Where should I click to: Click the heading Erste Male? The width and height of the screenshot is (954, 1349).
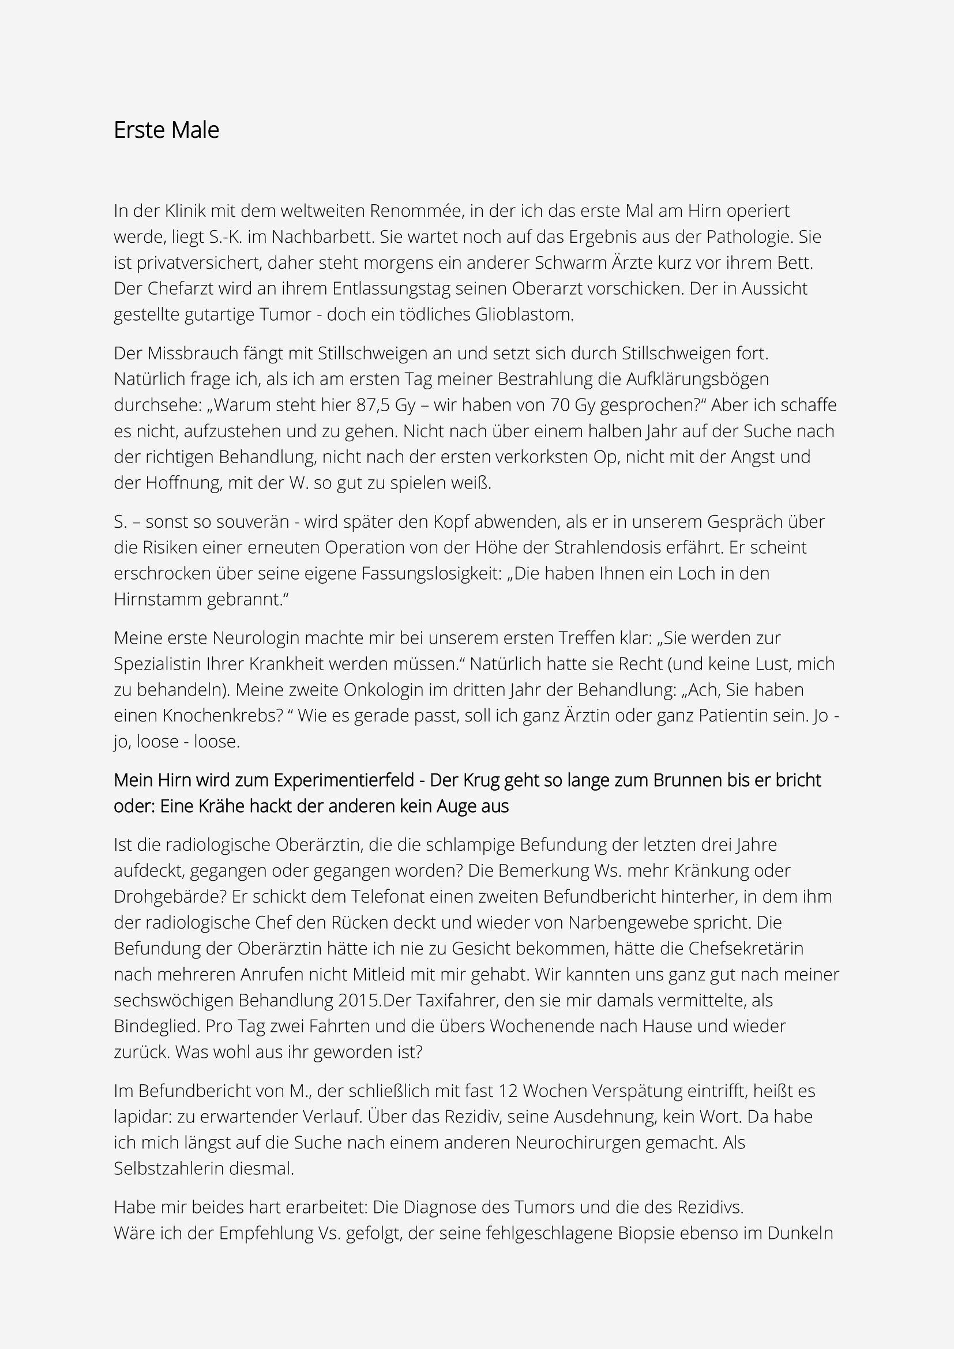[x=166, y=130]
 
